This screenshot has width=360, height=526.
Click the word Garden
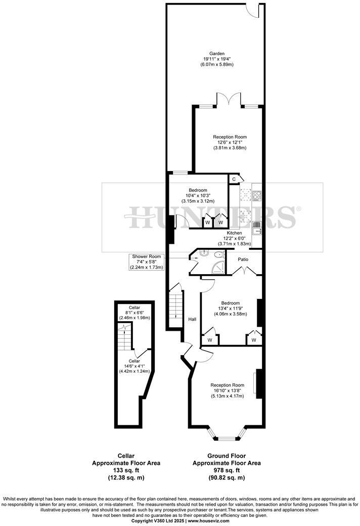coord(217,53)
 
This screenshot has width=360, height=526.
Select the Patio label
coord(244,259)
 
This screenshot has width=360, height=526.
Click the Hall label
coord(192,319)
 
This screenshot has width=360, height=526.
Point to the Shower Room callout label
coord(147,256)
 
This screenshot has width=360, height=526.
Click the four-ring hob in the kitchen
coord(256,195)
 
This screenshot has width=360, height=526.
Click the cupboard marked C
coord(234,179)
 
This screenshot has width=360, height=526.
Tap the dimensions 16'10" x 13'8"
coord(227,390)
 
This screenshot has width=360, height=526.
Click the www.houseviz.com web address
coord(208,520)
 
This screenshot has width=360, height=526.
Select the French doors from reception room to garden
coord(228,100)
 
